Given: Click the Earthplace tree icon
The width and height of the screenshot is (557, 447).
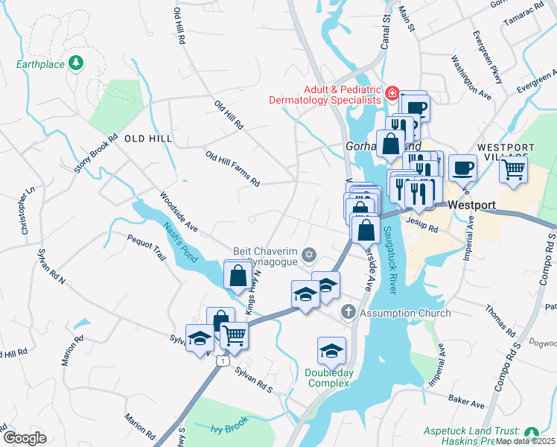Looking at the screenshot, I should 75,63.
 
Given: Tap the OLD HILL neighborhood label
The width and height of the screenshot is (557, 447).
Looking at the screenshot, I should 148,139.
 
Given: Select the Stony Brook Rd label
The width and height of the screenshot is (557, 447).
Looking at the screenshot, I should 96,153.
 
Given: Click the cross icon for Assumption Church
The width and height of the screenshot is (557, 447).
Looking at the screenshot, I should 346,312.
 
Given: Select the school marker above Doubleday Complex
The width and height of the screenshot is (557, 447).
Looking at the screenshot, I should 331,350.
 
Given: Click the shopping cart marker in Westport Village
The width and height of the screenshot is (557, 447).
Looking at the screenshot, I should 513,170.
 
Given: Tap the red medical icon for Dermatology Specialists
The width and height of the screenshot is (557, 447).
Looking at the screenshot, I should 390,94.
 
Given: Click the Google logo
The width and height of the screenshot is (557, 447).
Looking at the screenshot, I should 25,438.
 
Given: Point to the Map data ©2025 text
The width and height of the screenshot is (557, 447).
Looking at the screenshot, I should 525,441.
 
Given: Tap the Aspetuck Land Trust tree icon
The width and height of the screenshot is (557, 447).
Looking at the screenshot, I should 531,432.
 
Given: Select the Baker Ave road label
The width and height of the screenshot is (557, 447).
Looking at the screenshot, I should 467,404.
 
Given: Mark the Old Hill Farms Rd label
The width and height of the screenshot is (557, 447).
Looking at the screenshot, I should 232,168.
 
